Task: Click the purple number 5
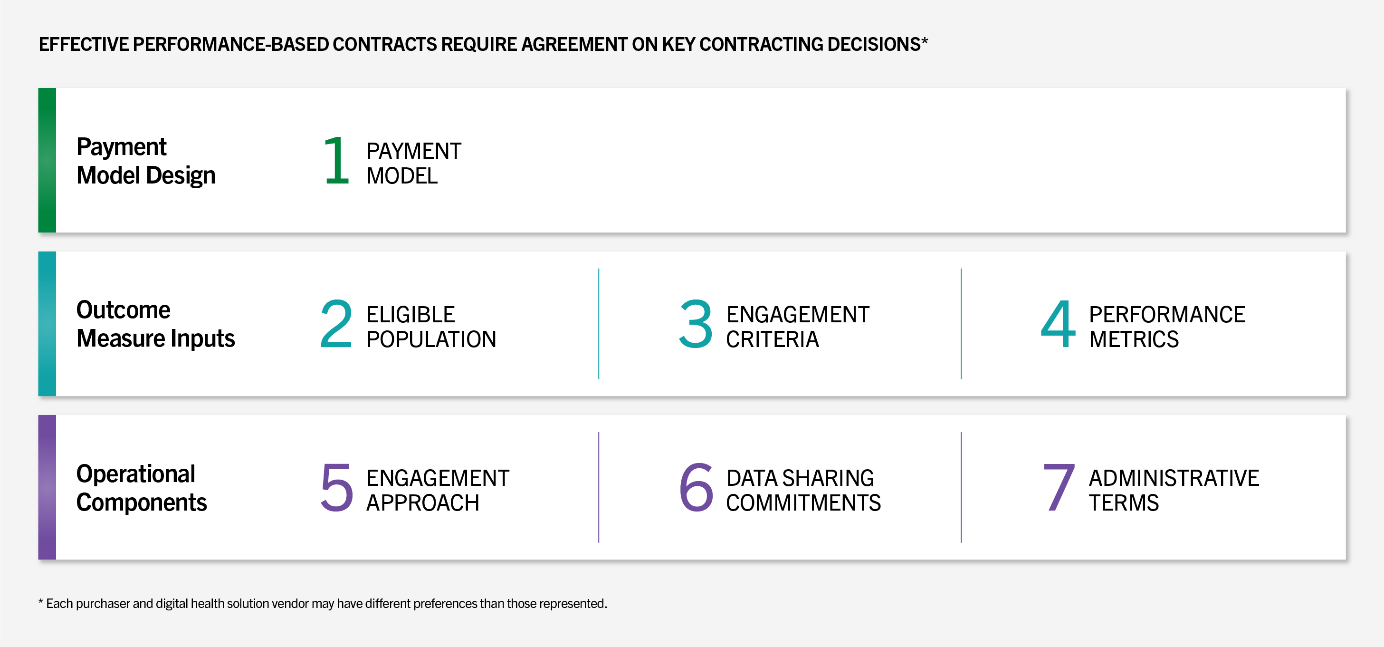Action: [x=337, y=487]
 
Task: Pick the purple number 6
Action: [x=697, y=487]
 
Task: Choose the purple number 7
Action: [x=1059, y=487]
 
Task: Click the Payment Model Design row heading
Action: [x=146, y=161]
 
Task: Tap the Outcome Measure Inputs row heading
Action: [x=156, y=324]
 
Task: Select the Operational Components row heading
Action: [x=141, y=488]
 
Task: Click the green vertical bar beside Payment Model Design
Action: [x=48, y=160]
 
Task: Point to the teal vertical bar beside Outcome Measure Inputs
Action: [x=48, y=323]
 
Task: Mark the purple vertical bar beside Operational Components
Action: [x=48, y=487]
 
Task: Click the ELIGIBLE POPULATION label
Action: [x=431, y=327]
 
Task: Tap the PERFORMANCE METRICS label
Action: [x=1167, y=327]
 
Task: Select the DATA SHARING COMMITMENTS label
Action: [x=803, y=490]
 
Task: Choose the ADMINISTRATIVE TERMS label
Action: [x=1174, y=490]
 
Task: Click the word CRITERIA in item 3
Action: [x=773, y=339]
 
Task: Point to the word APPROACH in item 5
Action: [x=423, y=503]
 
